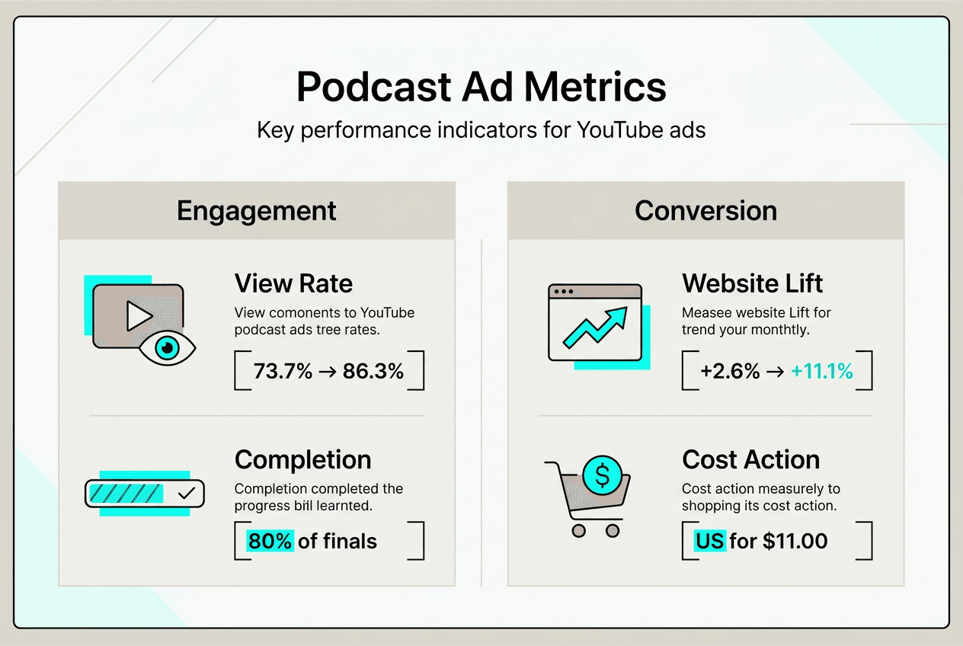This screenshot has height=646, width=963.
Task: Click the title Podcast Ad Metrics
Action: coord(481,87)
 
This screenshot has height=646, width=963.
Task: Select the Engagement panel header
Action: coord(256,211)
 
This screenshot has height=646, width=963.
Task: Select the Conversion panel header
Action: coord(705,211)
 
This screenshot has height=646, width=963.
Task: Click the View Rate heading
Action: coord(293,284)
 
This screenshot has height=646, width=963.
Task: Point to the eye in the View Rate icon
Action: coord(168,348)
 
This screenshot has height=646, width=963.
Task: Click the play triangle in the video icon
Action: coord(139,315)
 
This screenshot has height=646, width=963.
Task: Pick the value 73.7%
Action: coord(283,372)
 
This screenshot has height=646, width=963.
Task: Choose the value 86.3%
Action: coord(373,372)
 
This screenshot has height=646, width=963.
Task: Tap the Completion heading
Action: coord(302,460)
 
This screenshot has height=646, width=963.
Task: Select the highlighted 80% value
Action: coord(270,542)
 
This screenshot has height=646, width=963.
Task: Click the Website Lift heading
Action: coord(752,284)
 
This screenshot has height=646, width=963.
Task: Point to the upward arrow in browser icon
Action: coord(594,327)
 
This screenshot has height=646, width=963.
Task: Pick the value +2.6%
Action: coord(730,372)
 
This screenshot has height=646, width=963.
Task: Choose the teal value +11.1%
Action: coord(821,372)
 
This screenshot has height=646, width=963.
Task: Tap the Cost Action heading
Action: coord(750,460)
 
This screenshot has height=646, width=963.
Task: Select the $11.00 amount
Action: coord(795,542)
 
